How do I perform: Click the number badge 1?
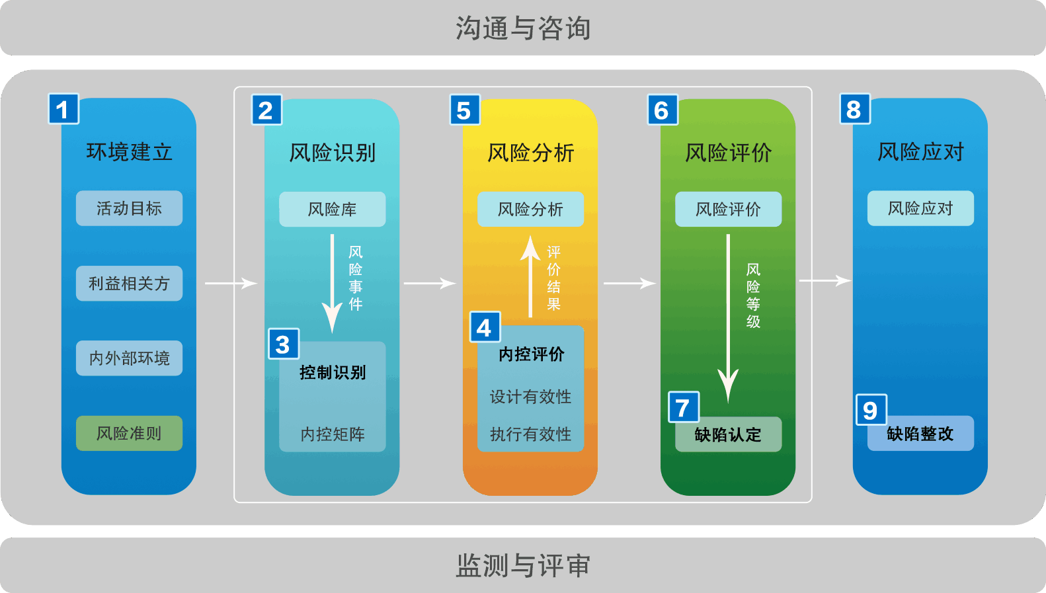point(63,109)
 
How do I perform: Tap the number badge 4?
point(485,327)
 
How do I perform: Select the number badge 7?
point(684,407)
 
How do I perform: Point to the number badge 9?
point(871,410)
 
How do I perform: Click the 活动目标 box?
point(129,208)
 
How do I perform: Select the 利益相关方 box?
point(129,284)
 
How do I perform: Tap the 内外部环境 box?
point(129,358)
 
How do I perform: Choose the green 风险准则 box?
point(129,434)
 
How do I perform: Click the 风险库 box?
point(332,210)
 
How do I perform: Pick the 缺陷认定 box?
point(728,435)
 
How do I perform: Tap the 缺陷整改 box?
point(920,434)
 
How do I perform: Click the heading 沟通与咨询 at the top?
point(522,28)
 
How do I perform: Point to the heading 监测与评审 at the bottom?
point(522,566)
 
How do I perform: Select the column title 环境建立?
point(129,152)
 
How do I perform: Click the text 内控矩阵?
point(332,434)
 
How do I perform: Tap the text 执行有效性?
point(530,434)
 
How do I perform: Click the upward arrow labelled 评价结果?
point(530,278)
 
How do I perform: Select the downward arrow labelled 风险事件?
point(332,284)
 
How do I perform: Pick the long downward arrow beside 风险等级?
point(728,317)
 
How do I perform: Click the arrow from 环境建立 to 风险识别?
point(230,284)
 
